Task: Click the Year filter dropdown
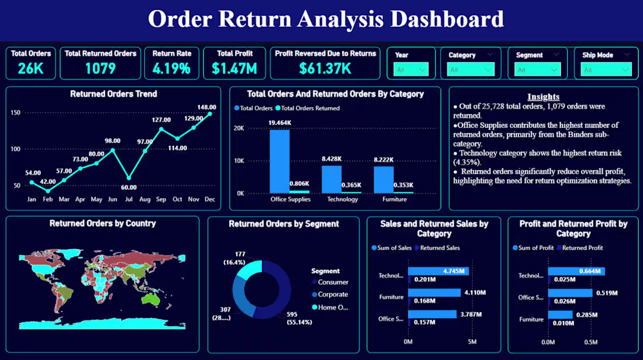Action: coord(411,70)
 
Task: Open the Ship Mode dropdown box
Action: coord(606,70)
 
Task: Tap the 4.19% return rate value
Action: coord(171,68)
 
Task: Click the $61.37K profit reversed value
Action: coord(325,68)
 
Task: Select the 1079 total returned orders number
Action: coord(100,68)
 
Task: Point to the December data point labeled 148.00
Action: coord(210,114)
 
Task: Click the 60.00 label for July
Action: coord(129,188)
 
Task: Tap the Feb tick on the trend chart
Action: coord(48,199)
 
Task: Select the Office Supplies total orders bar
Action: coord(279,161)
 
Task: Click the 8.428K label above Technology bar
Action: coord(331,159)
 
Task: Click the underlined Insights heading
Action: coord(543,97)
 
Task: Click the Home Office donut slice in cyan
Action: coord(250,271)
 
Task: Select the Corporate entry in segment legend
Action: coord(333,295)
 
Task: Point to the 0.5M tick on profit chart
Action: coord(591,342)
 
